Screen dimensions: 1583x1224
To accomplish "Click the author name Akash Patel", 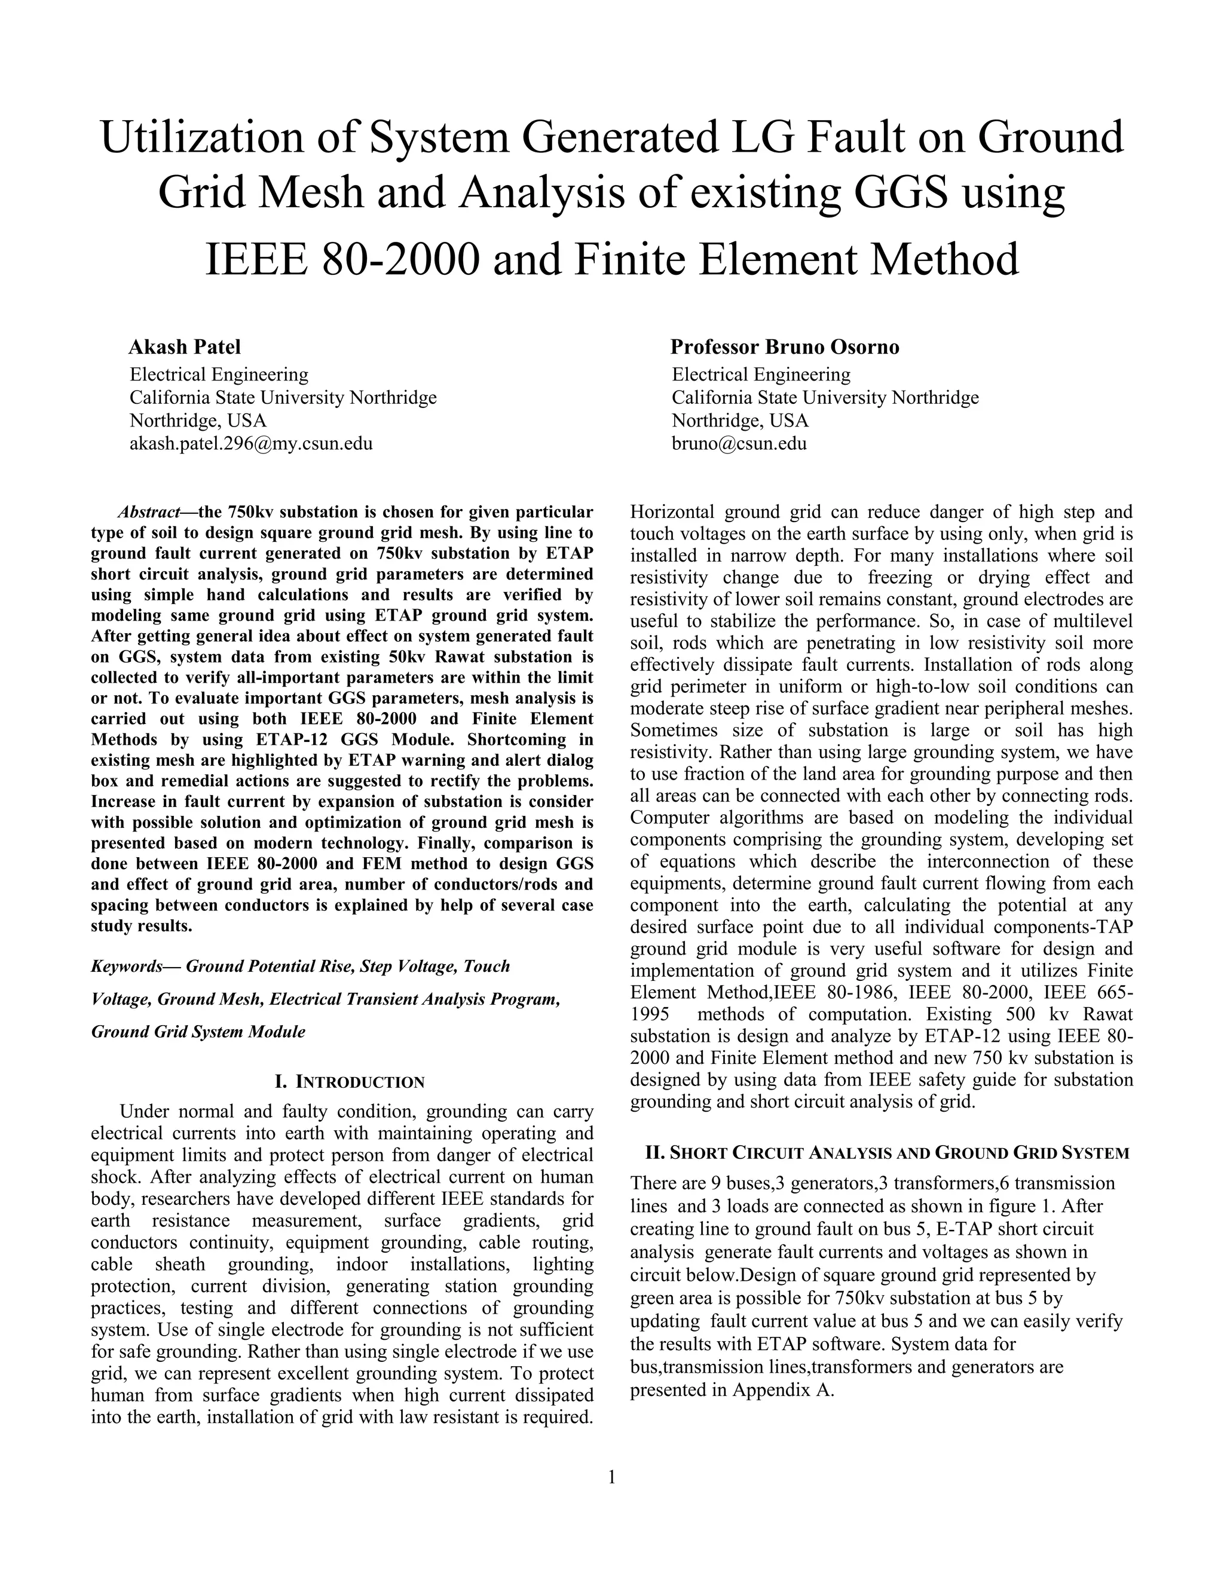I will pos(184,347).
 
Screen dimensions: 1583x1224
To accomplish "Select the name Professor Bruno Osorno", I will pos(785,347).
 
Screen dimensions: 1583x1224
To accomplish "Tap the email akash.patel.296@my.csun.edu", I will pos(251,444).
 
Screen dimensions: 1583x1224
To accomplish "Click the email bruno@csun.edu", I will pos(739,444).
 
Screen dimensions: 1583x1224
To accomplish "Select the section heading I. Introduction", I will pos(350,1082).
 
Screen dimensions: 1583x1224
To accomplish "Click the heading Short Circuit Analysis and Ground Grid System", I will pos(887,1153).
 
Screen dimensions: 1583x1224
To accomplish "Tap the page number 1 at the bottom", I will pos(611,1477).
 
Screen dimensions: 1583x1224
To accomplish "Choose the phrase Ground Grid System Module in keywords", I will pos(198,1032).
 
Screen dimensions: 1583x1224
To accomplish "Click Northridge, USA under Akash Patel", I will pos(198,421).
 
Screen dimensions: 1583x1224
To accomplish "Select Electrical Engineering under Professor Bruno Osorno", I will pos(761,375).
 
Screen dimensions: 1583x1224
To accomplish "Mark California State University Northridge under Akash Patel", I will pos(283,398).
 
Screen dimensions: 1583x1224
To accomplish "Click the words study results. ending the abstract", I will pos(142,927).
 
